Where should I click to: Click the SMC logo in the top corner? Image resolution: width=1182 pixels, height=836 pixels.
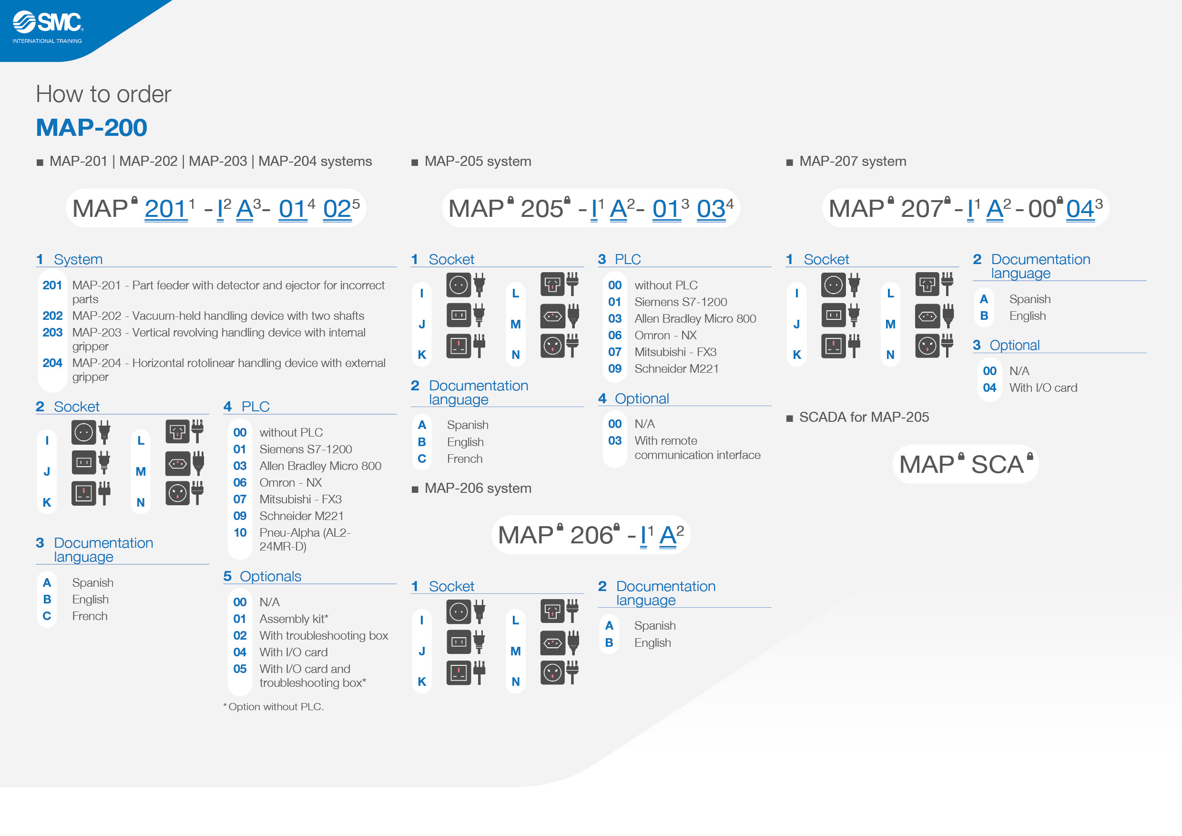pos(48,27)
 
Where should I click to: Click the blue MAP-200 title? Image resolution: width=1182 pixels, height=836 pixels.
pos(92,128)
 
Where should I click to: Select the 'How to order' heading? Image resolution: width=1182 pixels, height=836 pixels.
pos(103,94)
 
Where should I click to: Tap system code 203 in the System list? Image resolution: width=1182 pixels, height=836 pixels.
pos(52,333)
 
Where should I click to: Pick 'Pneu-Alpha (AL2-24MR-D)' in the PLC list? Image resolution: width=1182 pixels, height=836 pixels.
pos(305,540)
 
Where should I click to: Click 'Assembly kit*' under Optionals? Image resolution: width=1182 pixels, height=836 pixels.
pos(294,619)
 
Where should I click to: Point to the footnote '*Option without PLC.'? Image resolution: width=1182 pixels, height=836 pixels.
pos(274,707)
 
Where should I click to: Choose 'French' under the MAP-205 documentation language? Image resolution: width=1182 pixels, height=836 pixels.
pos(464,459)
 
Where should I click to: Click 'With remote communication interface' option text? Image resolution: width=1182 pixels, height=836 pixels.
pos(697,448)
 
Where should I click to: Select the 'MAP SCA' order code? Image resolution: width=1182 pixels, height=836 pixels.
pos(965,464)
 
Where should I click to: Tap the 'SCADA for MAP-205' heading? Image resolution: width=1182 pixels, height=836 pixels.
pos(864,417)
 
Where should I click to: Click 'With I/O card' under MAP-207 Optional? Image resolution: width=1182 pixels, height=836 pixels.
pos(1043,387)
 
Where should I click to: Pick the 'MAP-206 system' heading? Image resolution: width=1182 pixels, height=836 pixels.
pos(478,488)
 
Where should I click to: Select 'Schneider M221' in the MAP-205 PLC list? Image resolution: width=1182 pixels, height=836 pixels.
pos(676,368)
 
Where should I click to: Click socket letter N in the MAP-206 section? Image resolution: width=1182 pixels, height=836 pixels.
pos(515,682)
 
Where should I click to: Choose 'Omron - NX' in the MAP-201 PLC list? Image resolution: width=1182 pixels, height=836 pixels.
pos(290,482)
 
